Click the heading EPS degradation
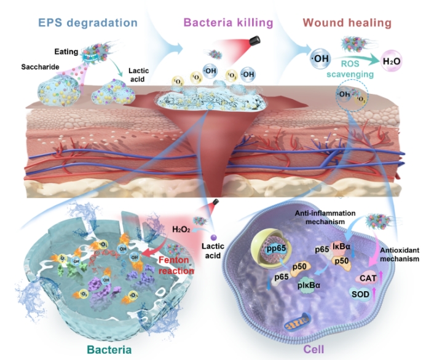[87, 23]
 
